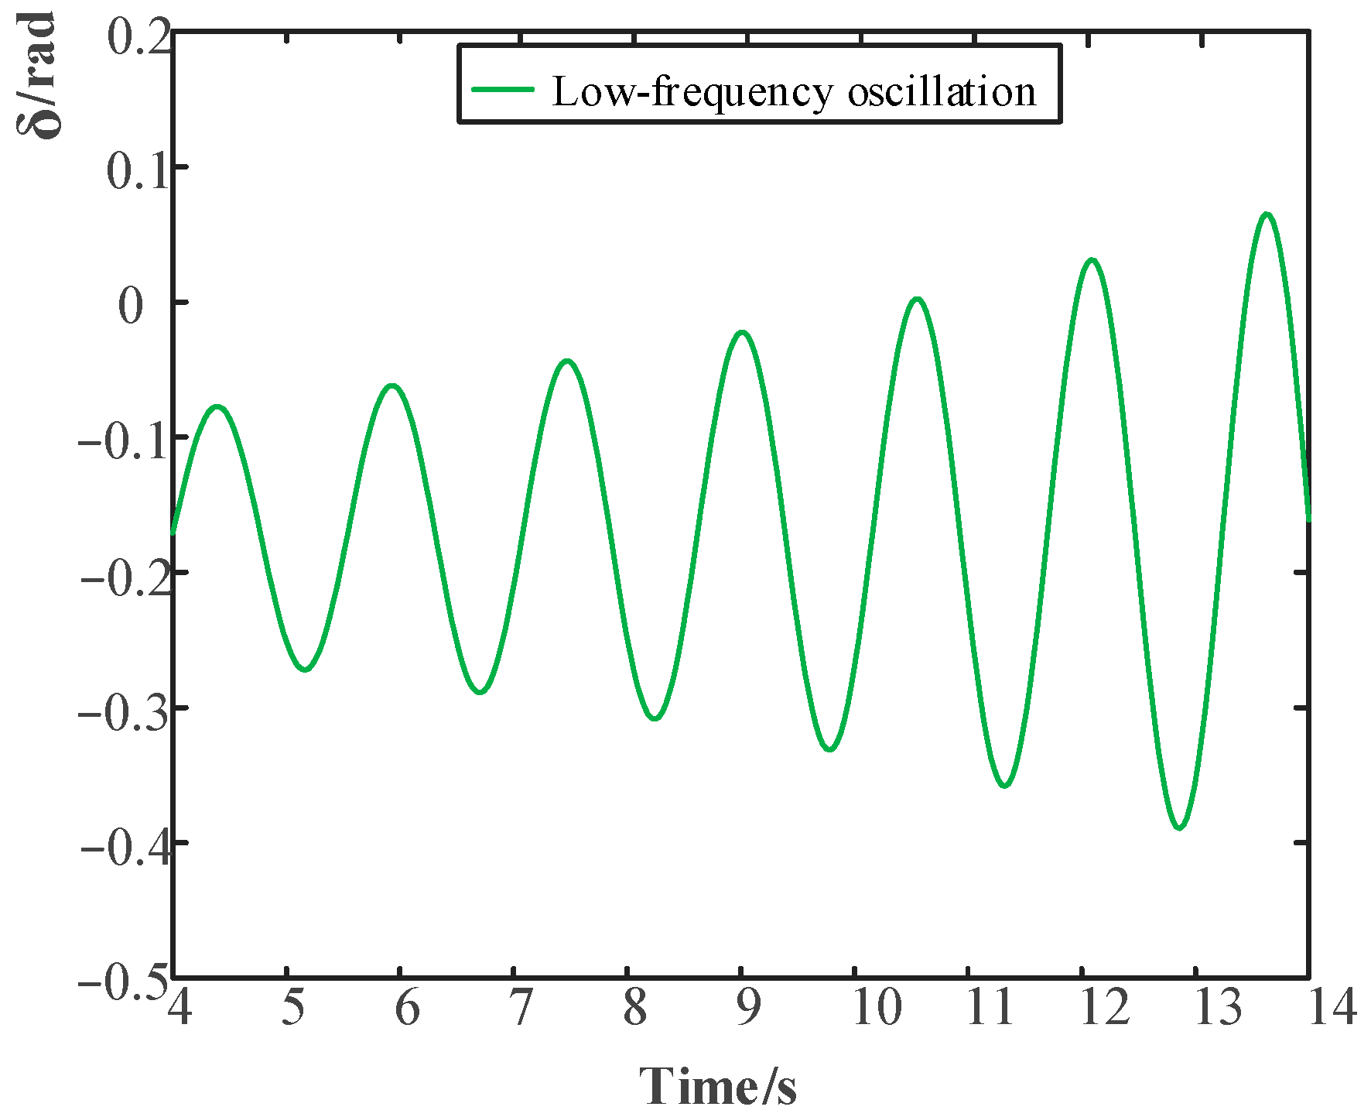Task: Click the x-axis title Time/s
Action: pyautogui.click(x=717, y=1085)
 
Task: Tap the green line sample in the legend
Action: pyautogui.click(x=503, y=89)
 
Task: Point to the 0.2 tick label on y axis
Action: pyautogui.click(x=138, y=36)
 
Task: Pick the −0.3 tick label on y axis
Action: pyautogui.click(x=124, y=711)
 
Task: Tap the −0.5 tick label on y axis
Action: pyautogui.click(x=124, y=982)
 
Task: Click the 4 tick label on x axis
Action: pyautogui.click(x=179, y=1008)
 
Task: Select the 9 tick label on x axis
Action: pyautogui.click(x=747, y=1008)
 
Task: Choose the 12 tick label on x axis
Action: pyautogui.click(x=1105, y=1008)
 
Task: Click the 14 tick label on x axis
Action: pyautogui.click(x=1332, y=1008)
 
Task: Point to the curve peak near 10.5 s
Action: pyautogui.click(x=917, y=299)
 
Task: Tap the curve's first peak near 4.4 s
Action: pyautogui.click(x=217, y=406)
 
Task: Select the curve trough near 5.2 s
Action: pyautogui.click(x=306, y=669)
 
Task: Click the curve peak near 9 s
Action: pyautogui.click(x=742, y=332)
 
